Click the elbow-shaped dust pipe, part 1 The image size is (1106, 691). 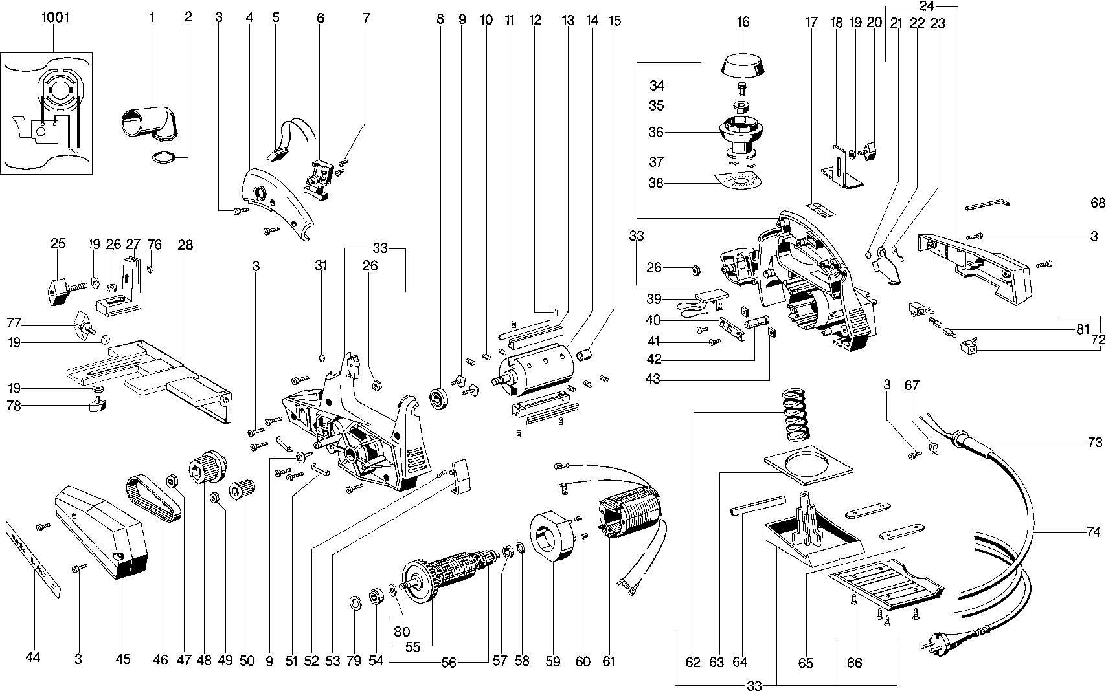(x=148, y=122)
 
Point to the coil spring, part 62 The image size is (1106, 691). (x=798, y=415)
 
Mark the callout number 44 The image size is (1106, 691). (x=33, y=657)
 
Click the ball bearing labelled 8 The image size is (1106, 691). (x=442, y=398)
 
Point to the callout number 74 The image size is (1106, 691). (x=1093, y=532)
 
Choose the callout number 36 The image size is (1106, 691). (x=656, y=132)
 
